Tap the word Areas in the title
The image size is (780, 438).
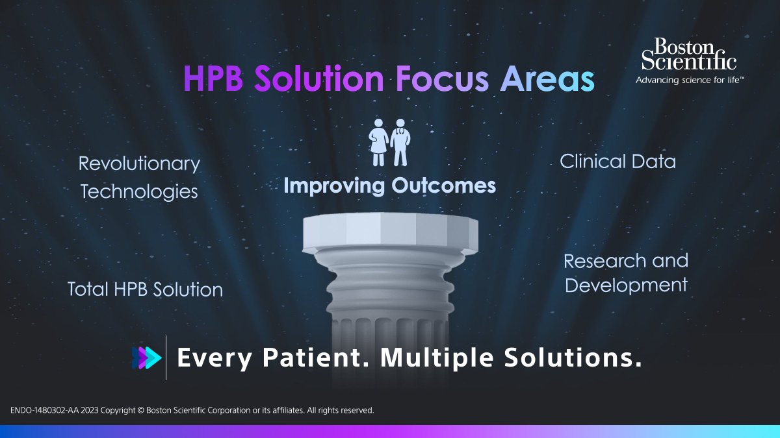547,79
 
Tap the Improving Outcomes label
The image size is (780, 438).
389,186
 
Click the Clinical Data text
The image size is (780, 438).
617,162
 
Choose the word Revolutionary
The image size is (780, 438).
139,164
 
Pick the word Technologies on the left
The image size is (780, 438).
138,191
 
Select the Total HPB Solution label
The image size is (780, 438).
145,289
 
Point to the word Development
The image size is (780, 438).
626,285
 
